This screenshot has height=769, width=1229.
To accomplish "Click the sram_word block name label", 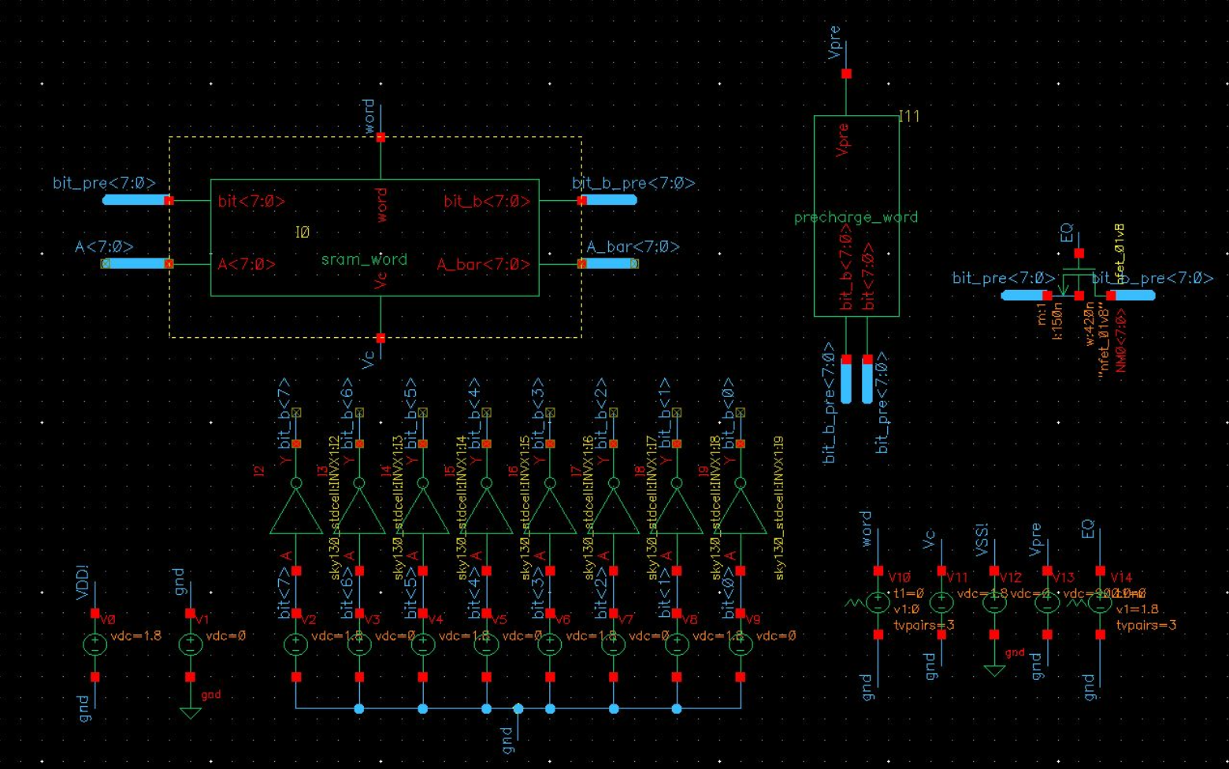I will pyautogui.click(x=364, y=259).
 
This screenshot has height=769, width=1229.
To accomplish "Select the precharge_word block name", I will pyautogui.click(x=856, y=217).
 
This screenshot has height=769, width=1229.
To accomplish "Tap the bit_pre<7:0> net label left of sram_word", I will pyautogui.click(x=104, y=183).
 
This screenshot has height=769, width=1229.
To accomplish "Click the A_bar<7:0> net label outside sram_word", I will pyautogui.click(x=633, y=247).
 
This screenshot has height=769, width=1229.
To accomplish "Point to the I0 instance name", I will pyautogui.click(x=303, y=232).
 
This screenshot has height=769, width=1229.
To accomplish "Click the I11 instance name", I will pyautogui.click(x=909, y=117).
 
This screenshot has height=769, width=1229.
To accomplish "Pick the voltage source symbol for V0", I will pyautogui.click(x=95, y=644).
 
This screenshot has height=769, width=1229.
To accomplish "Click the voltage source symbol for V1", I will pyautogui.click(x=190, y=644).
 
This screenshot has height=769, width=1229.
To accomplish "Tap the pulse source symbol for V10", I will pyautogui.click(x=878, y=603).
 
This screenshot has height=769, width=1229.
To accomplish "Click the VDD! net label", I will pyautogui.click(x=82, y=582).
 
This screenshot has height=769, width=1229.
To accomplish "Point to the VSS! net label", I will pyautogui.click(x=982, y=540).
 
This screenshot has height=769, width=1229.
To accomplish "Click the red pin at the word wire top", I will pyautogui.click(x=381, y=138).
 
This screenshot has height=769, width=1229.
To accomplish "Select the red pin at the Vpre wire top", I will pyautogui.click(x=846, y=74).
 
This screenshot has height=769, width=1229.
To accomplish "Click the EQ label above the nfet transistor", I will pyautogui.click(x=1067, y=233).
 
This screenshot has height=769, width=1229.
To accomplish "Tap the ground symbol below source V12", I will pyautogui.click(x=994, y=671).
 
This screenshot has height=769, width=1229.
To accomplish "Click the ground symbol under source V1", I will pyautogui.click(x=190, y=712).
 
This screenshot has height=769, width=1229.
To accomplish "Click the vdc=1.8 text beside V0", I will pyautogui.click(x=136, y=636).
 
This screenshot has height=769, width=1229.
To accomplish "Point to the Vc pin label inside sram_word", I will pyautogui.click(x=381, y=280).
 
